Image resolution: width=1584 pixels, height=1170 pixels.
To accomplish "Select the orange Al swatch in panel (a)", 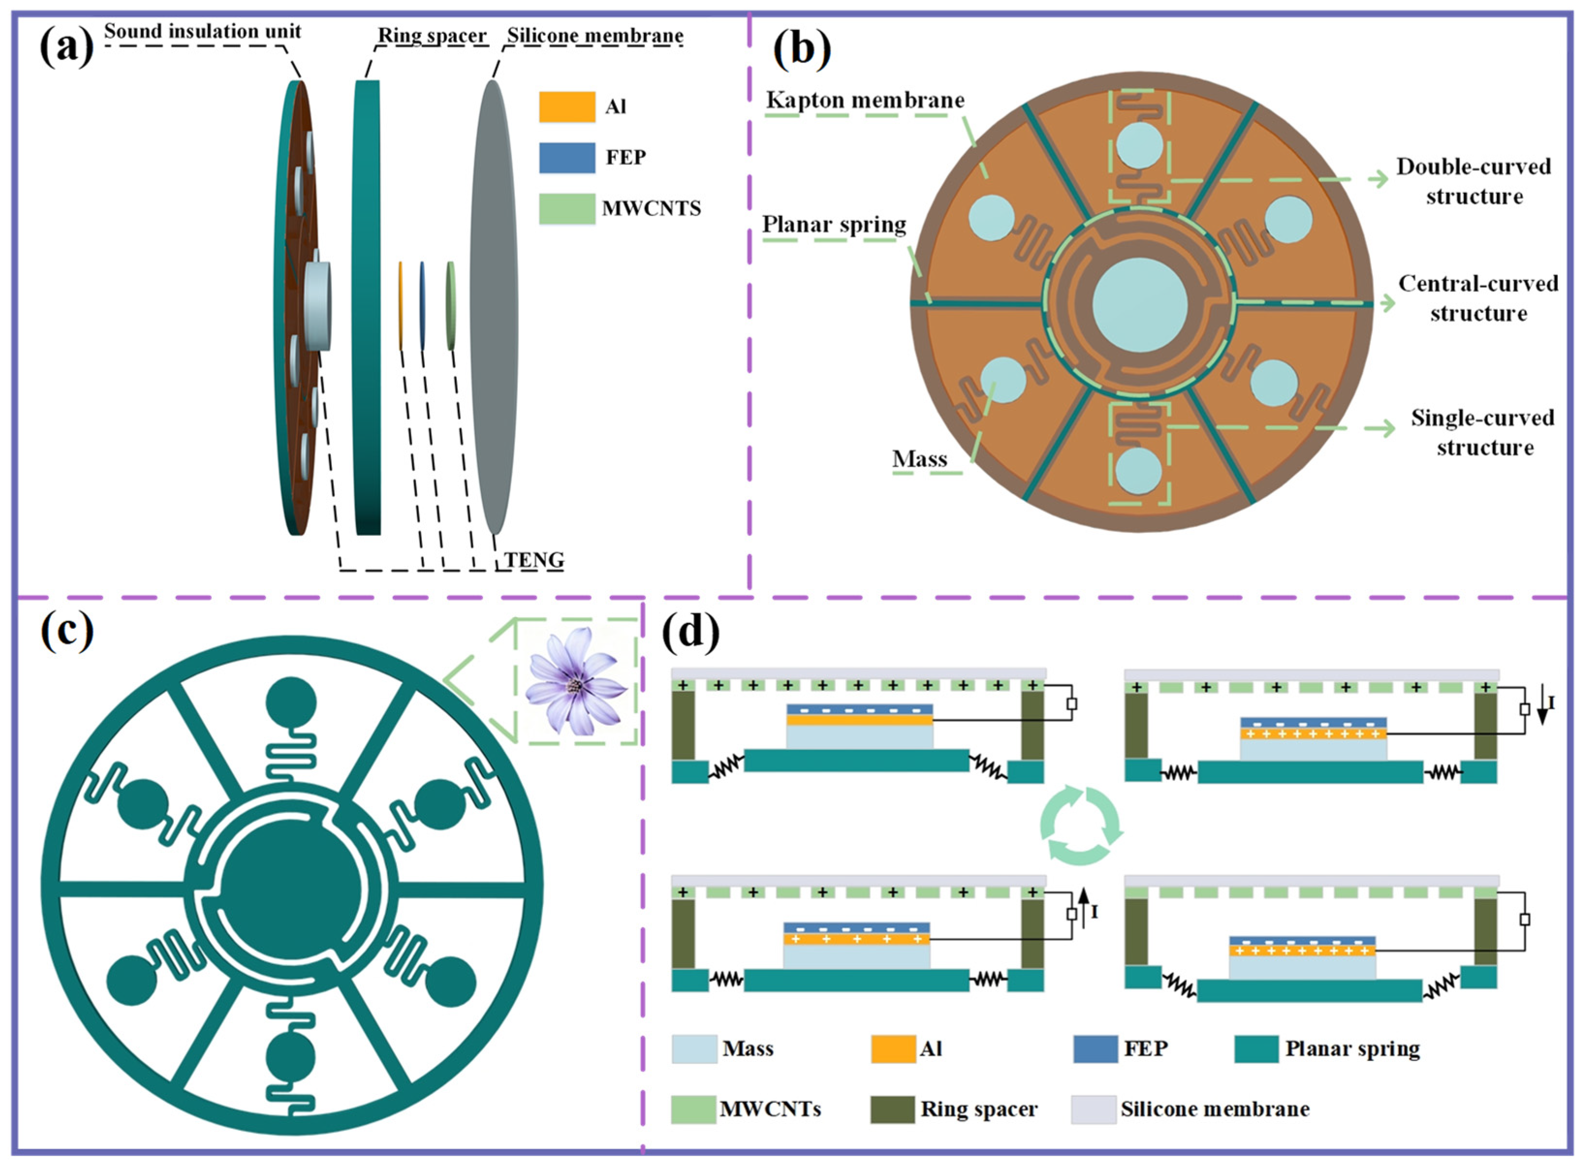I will coord(566,107).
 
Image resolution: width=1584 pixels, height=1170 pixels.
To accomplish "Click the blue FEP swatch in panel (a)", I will coord(566,158).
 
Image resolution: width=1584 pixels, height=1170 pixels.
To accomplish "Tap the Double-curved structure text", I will coord(1473,181).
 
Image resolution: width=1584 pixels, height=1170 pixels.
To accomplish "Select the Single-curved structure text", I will coord(1483,433).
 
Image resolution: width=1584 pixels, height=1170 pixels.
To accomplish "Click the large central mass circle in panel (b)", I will coord(1139,305).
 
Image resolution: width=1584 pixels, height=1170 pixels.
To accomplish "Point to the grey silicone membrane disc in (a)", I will coord(494,307).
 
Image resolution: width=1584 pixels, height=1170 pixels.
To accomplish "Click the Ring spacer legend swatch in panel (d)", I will coord(892,1109).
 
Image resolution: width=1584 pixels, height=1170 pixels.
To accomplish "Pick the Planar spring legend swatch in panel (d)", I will coord(1256,1049).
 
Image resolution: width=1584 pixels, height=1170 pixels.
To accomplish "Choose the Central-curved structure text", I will coord(1478,298).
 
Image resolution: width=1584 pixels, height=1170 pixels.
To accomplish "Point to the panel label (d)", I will coord(690,632).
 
